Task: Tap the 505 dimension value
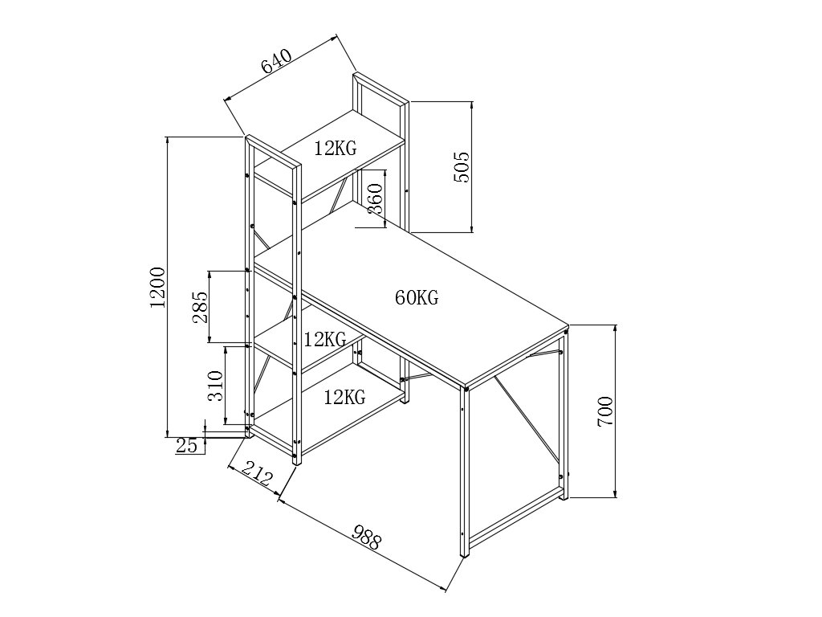[x=461, y=166]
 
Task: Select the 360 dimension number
[x=375, y=198]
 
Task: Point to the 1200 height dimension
[x=158, y=286]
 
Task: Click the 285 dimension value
[x=200, y=306]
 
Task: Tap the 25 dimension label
[x=186, y=445]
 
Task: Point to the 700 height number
[x=605, y=411]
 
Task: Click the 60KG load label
[x=417, y=298]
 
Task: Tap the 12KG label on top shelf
[x=336, y=148]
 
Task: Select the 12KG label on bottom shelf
[x=345, y=396]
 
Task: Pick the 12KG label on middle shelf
[x=324, y=338]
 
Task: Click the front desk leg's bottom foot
[x=465, y=553]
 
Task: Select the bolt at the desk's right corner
[x=566, y=329]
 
